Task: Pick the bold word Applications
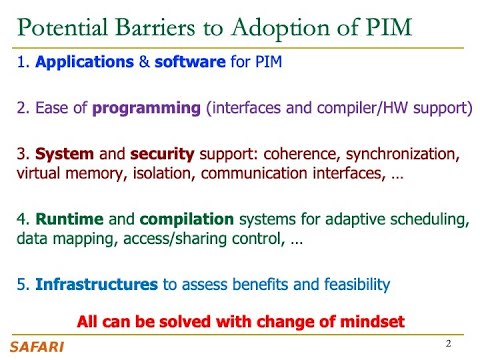pos(83,63)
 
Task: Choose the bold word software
pos(188,63)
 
